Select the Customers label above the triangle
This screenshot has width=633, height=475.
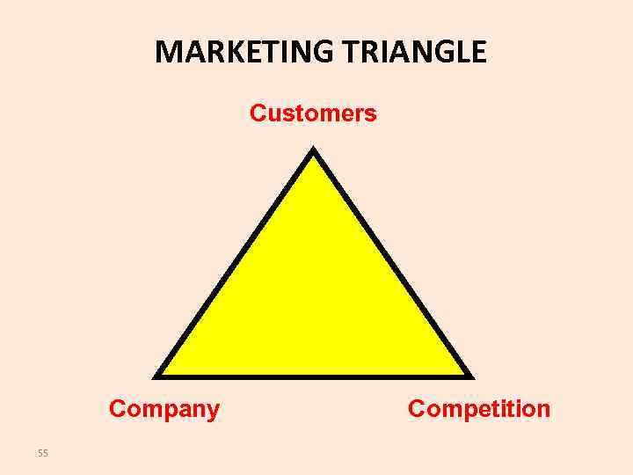(313, 113)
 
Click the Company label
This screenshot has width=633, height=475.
(164, 409)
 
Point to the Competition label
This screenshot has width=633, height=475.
(479, 409)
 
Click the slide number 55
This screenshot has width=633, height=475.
(43, 453)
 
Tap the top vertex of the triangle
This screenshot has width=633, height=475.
(314, 150)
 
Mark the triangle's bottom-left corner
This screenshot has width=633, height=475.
(158, 376)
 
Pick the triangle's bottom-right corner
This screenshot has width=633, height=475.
(469, 376)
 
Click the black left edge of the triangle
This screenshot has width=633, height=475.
(236, 263)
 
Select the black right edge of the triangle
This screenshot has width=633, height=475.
(392, 263)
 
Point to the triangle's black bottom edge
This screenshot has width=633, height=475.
(314, 376)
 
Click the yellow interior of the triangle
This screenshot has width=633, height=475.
(314, 299)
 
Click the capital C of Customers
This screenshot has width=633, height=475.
(258, 113)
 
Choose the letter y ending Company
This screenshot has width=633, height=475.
(213, 411)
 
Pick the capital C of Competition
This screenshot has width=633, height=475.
(417, 409)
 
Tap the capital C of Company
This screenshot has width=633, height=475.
(117, 409)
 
